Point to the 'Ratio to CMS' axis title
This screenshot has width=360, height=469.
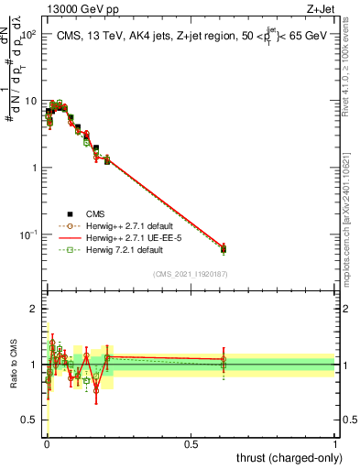click(13, 365)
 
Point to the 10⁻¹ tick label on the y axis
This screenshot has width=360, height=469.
click(27, 234)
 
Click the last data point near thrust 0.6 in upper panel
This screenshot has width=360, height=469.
click(224, 247)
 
